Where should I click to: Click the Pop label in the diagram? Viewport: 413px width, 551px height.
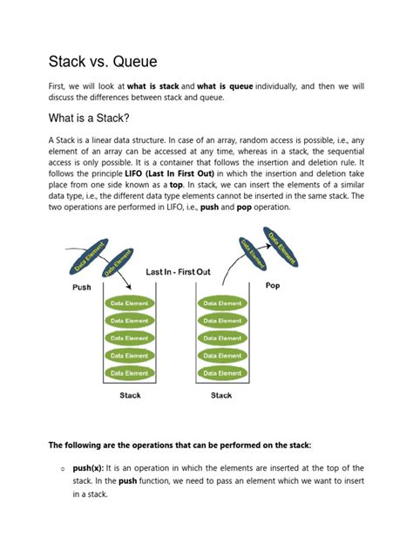[272, 285]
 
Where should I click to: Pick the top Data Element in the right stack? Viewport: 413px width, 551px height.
[220, 303]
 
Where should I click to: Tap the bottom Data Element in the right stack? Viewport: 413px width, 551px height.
[220, 373]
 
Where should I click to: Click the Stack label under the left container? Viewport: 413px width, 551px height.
[130, 396]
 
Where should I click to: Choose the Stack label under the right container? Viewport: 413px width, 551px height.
[221, 396]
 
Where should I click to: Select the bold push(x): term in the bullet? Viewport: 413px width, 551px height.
[91, 468]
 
